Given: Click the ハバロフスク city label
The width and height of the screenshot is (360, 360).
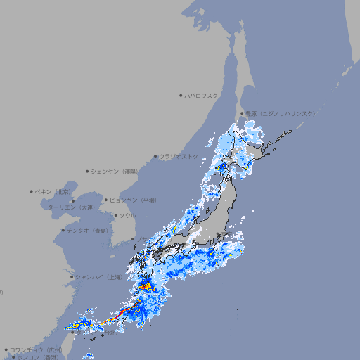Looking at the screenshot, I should coord(202,95).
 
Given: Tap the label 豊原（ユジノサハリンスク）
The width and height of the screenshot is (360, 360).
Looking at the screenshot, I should coord(281,113).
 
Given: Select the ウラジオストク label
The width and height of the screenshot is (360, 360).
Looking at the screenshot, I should coord(179,156).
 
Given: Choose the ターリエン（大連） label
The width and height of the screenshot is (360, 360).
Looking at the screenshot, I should coord(71,207).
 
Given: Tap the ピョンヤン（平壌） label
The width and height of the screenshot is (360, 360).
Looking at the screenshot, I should coord(134,200).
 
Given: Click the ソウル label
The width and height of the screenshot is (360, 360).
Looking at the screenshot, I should coord(127,215).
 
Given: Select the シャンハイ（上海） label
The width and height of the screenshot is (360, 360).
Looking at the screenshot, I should coord(99,277).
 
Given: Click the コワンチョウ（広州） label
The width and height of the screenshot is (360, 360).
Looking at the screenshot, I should coord(36,349).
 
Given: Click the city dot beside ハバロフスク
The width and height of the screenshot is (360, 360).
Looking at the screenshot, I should coord(181,95).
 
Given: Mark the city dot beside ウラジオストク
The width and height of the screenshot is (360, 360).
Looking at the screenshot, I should coord(155,156).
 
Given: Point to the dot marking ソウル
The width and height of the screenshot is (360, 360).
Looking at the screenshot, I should coord(115,215).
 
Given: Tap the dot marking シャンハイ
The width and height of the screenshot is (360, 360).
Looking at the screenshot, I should coord(72,277).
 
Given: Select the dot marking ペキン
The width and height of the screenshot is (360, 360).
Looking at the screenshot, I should coord(32,191).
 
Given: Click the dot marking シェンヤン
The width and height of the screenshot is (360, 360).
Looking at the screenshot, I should coord(87,171).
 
